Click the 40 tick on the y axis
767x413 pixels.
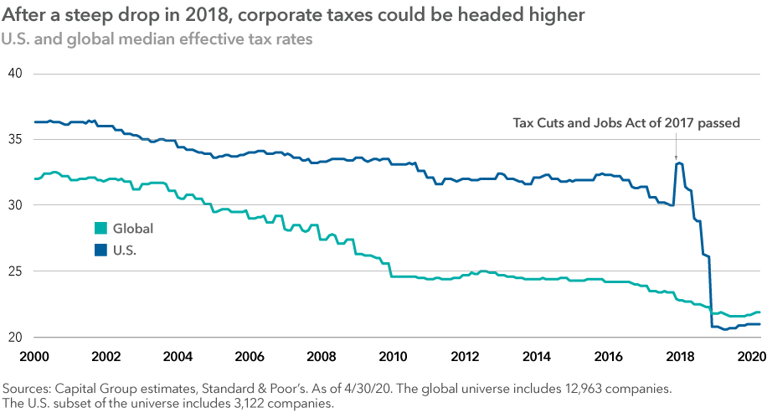14,74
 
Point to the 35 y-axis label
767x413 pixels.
14,140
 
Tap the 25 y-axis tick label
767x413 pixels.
14,271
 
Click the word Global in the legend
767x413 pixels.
133,228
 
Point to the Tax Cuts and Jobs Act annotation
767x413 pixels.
625,123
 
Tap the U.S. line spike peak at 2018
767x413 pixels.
678,163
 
